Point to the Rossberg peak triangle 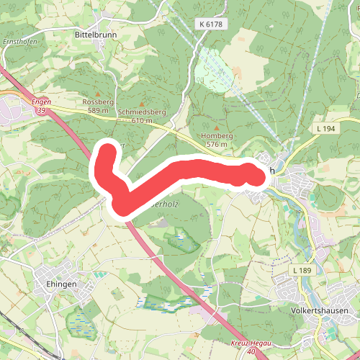99,93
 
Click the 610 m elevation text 143,122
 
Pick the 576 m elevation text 217,144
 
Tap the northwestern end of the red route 107,153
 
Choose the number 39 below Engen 42,112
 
